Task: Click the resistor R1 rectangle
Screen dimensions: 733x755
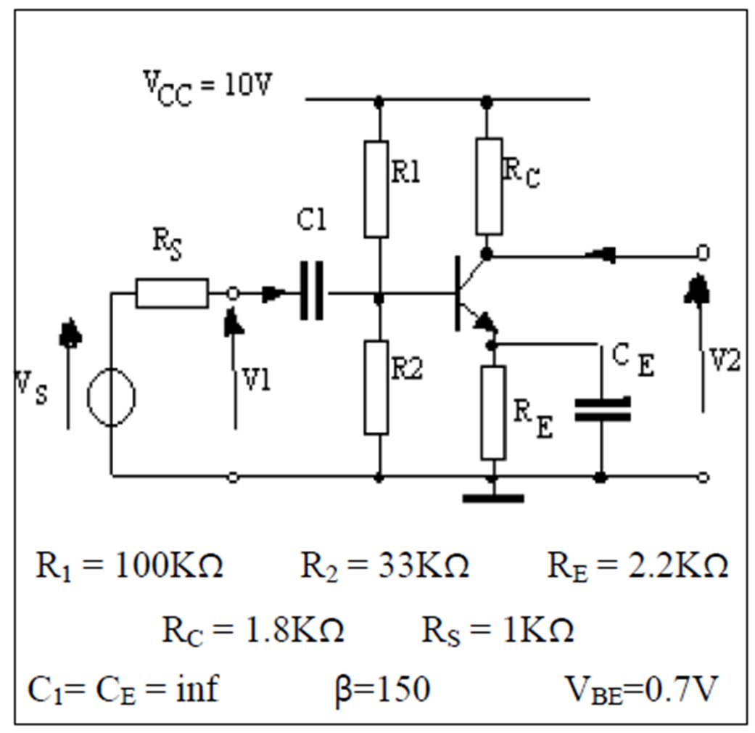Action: click(376, 189)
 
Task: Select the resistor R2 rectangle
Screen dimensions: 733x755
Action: click(376, 387)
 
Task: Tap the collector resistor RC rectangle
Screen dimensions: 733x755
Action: click(490, 187)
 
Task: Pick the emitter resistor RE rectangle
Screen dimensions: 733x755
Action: click(493, 413)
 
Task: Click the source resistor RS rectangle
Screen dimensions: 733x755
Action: click(172, 293)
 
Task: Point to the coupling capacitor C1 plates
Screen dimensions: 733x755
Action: click(312, 294)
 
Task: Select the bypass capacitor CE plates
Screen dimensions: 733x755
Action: click(602, 409)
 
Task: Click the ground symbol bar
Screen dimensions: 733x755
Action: click(493, 499)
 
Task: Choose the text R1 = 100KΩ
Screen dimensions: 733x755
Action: click(129, 566)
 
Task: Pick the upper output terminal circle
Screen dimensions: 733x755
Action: click(703, 253)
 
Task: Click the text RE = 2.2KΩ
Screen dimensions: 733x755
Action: click(637, 566)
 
